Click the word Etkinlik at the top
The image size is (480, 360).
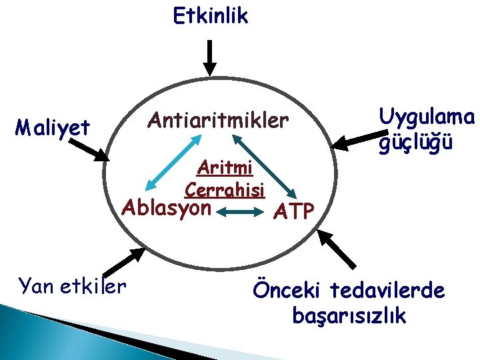click(x=210, y=15)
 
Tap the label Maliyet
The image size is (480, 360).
click(x=53, y=127)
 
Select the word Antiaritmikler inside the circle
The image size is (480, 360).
click(x=219, y=121)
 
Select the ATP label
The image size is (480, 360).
click(x=294, y=212)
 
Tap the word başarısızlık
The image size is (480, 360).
click(x=349, y=316)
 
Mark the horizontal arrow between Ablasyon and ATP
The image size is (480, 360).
click(x=241, y=213)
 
